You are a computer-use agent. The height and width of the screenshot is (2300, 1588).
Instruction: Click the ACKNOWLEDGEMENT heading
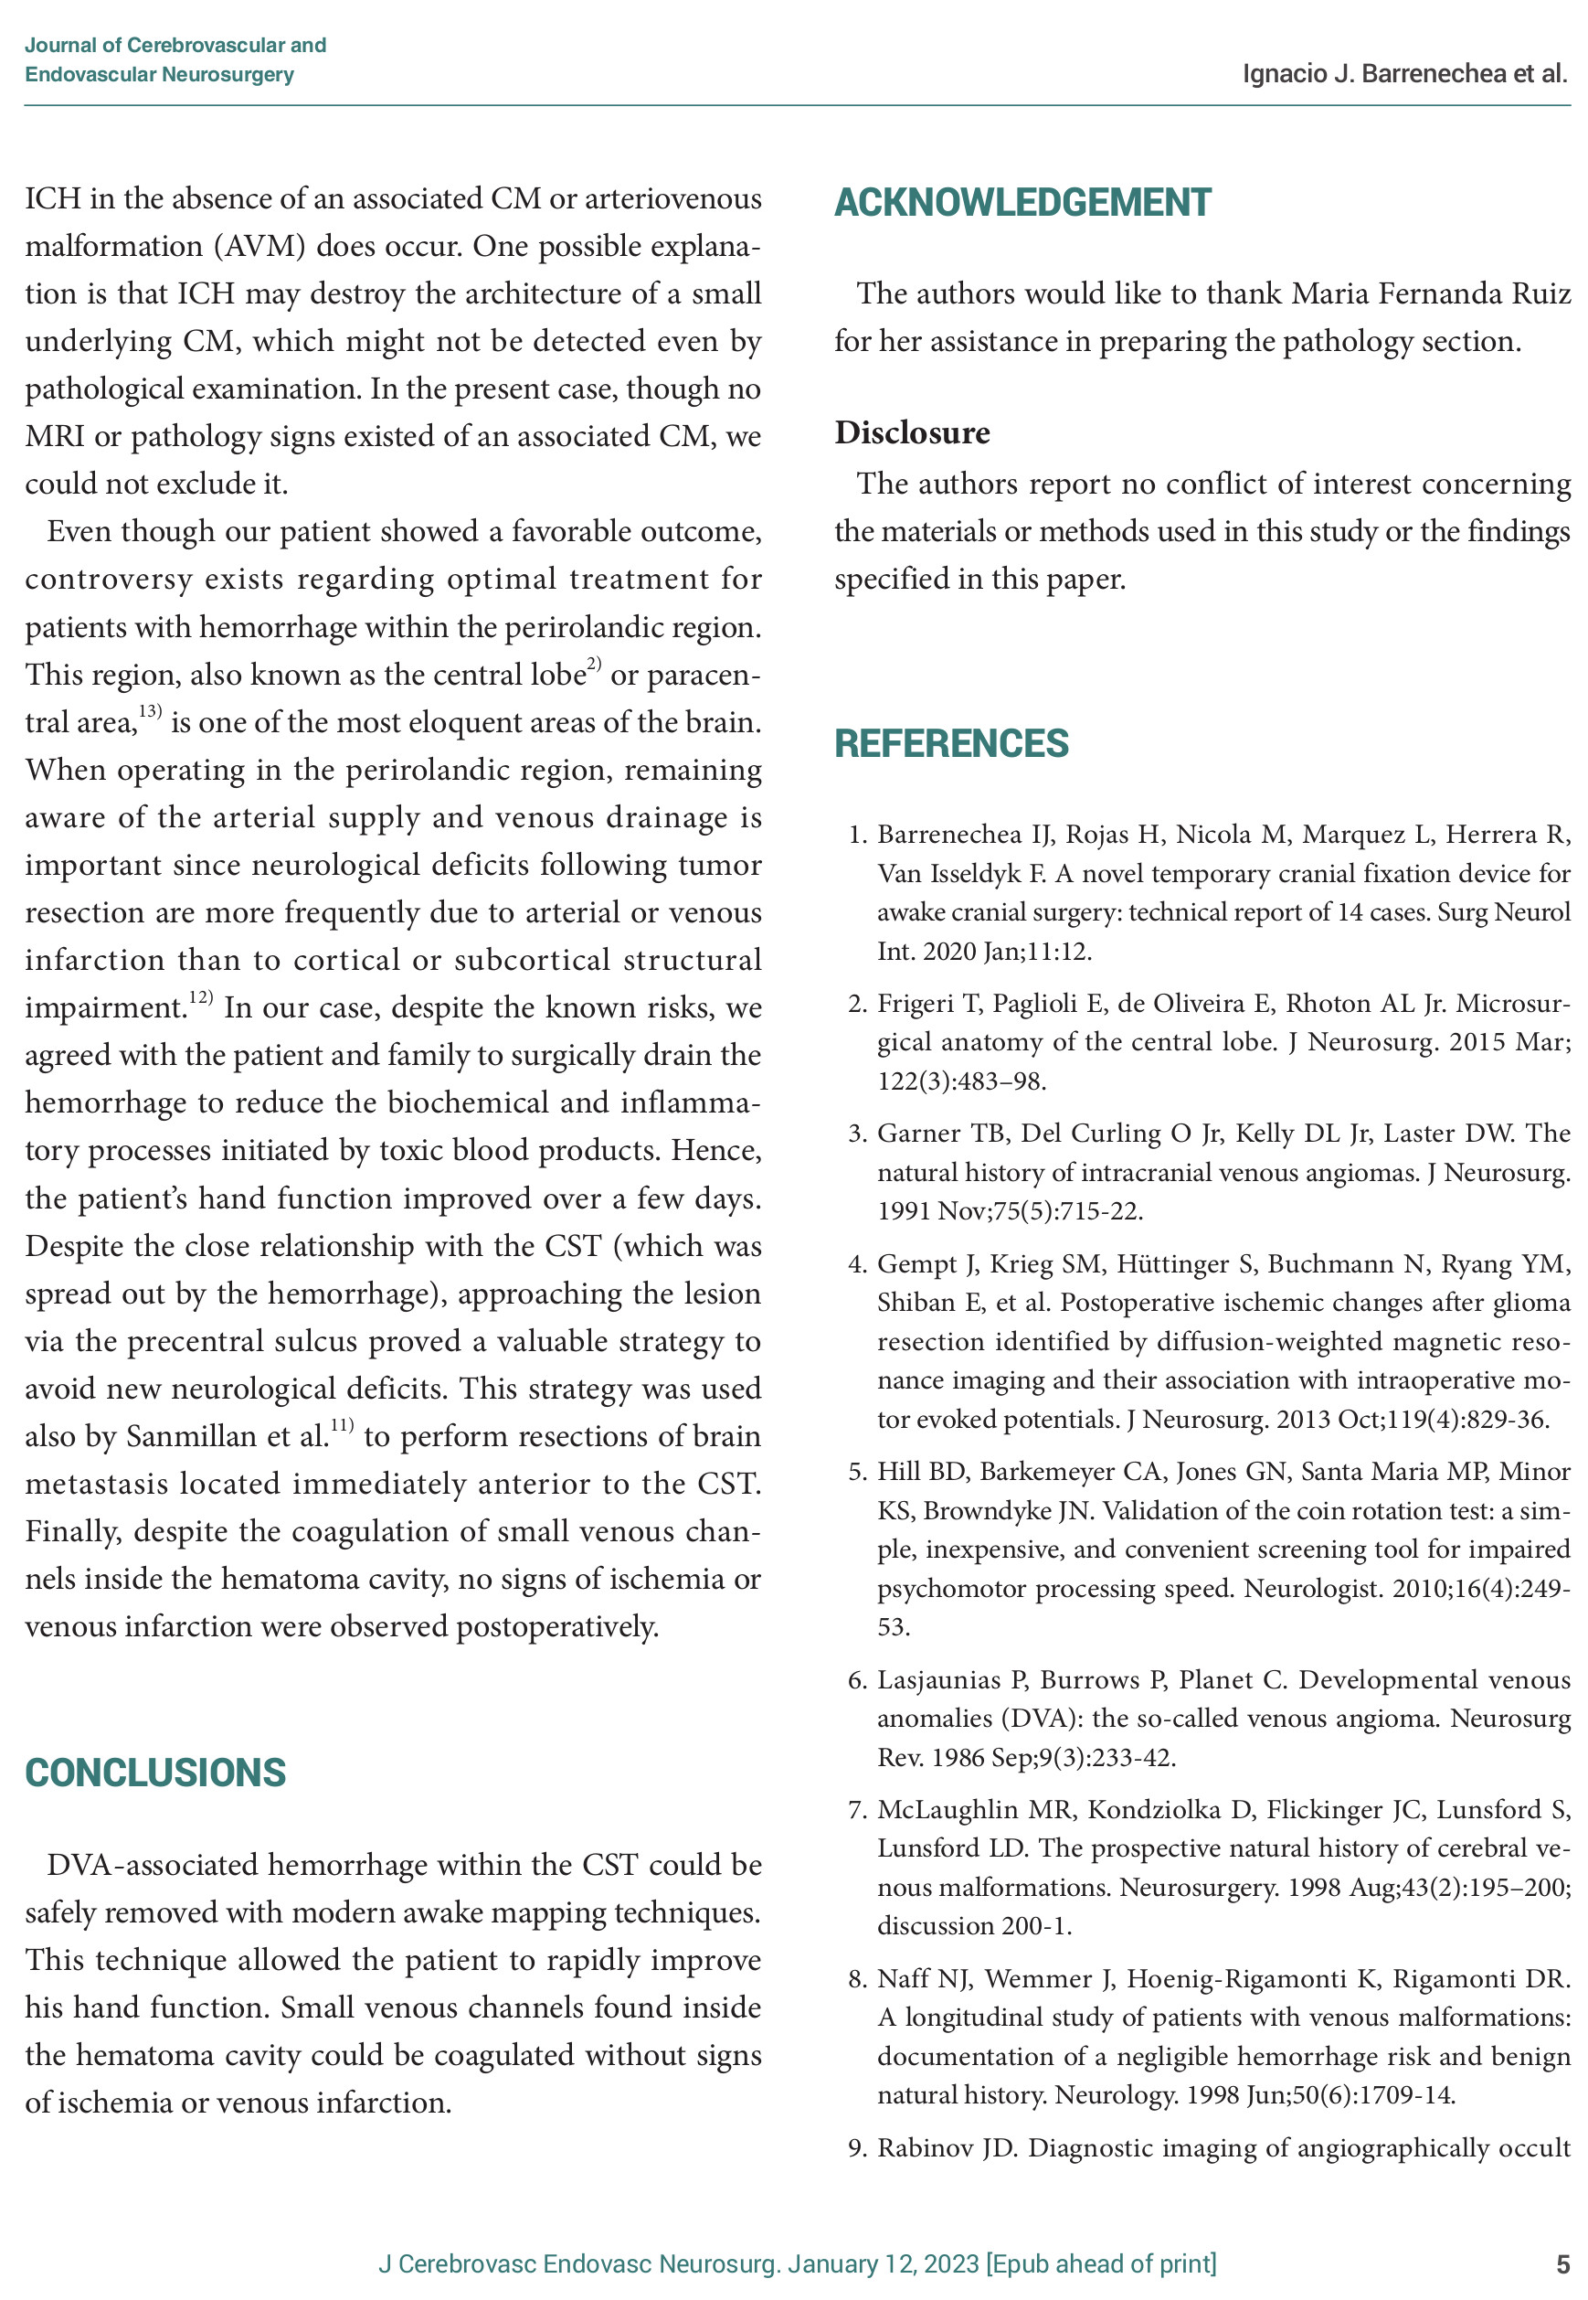pyautogui.click(x=1022, y=203)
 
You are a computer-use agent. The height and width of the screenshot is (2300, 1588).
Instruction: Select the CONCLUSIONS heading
pyautogui.click(x=155, y=1773)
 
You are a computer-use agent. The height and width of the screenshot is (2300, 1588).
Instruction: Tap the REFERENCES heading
pyautogui.click(x=950, y=743)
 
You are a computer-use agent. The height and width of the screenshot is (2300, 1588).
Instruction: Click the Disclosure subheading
pyautogui.click(x=911, y=433)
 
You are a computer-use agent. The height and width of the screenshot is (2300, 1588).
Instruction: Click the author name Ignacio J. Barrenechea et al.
pyautogui.click(x=1404, y=74)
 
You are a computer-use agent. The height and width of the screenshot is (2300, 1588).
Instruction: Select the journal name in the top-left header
pyautogui.click(x=175, y=59)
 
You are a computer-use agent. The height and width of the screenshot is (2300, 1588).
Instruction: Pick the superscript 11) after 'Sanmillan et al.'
pyautogui.click(x=342, y=1425)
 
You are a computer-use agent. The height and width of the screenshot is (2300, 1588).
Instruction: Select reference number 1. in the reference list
pyautogui.click(x=859, y=835)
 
